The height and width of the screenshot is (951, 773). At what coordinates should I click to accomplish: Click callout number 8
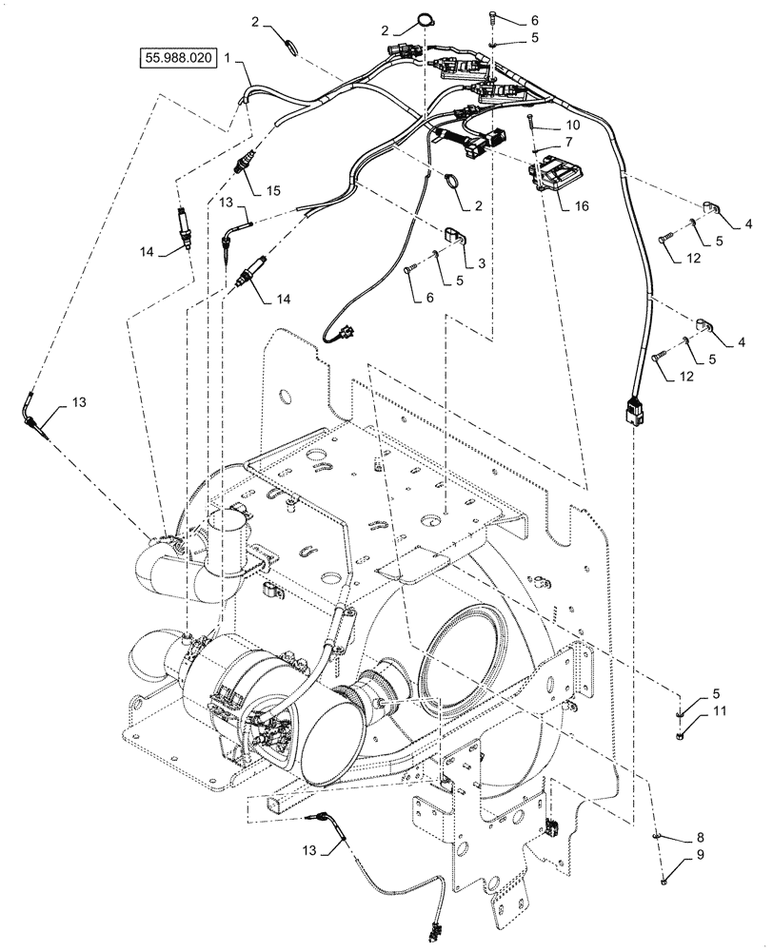pyautogui.click(x=701, y=837)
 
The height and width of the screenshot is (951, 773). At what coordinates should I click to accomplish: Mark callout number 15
pyautogui.click(x=273, y=190)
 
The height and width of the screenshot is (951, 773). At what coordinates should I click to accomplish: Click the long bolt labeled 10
pyautogui.click(x=527, y=128)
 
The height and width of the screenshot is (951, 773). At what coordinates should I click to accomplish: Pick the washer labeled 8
pyautogui.click(x=659, y=835)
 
